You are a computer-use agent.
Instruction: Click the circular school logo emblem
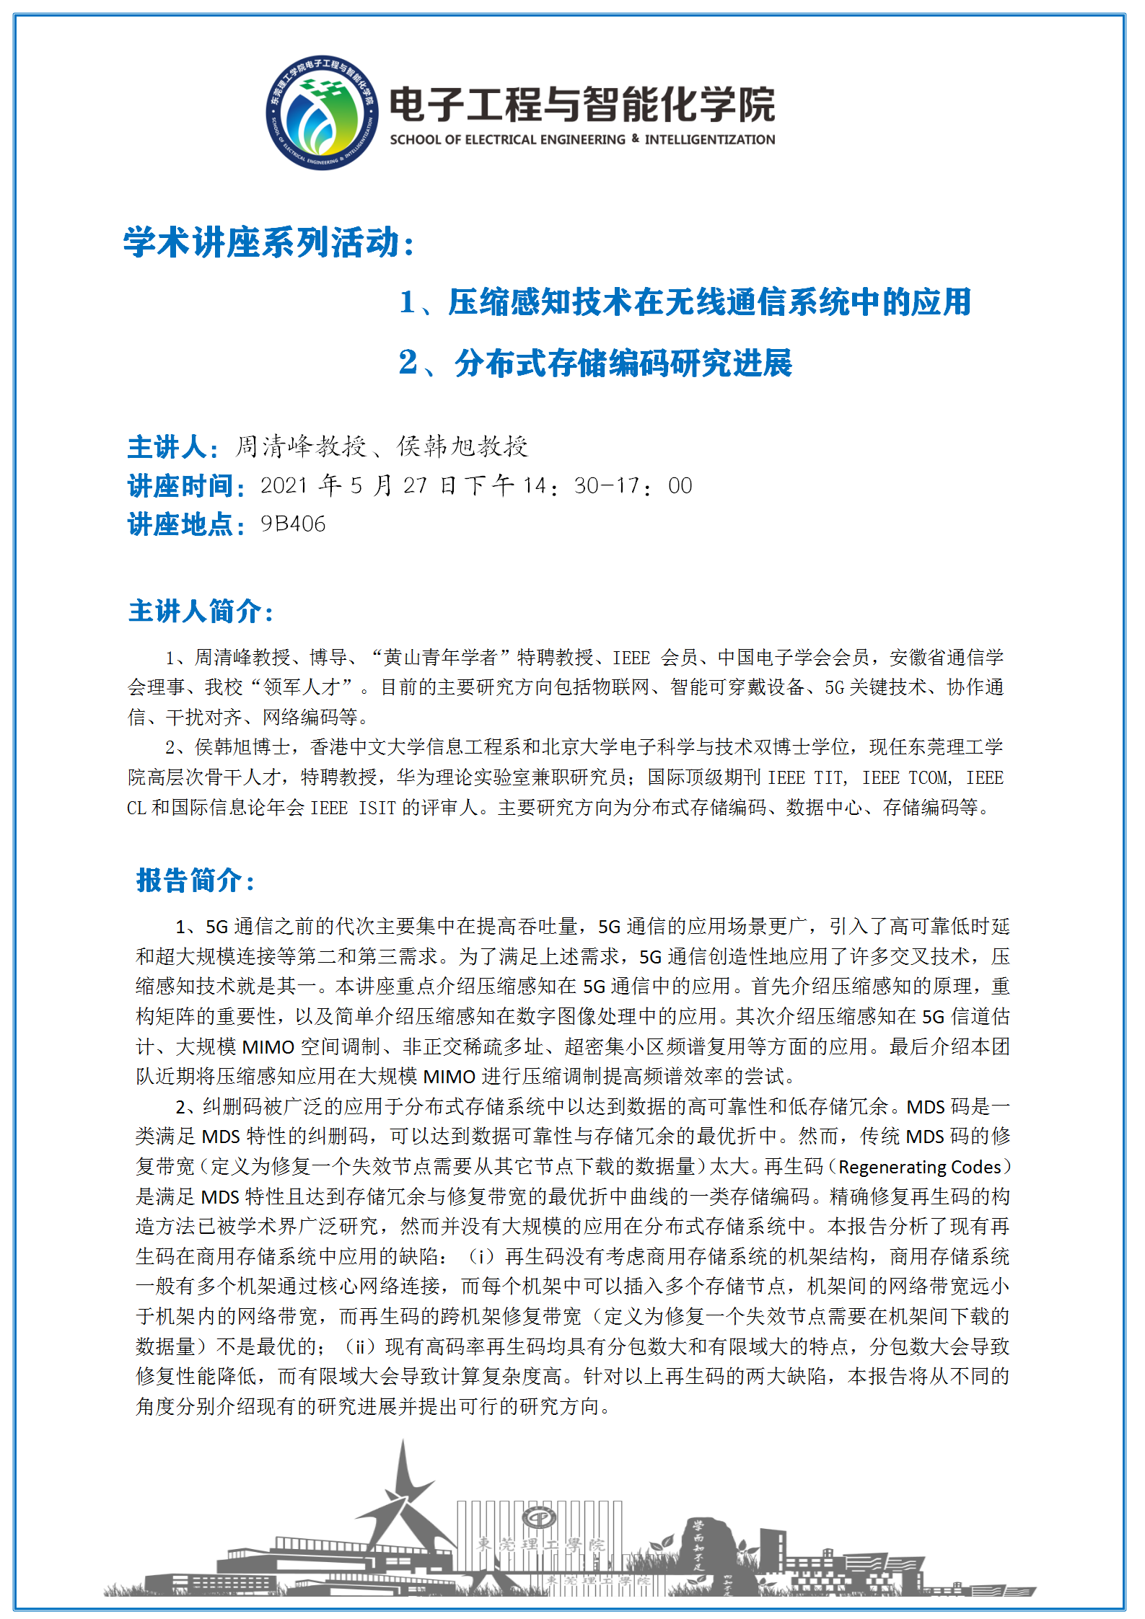322,113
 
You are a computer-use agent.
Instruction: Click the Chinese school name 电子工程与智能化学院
582,104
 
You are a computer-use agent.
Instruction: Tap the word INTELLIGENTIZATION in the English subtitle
710,140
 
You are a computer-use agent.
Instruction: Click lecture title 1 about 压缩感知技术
685,302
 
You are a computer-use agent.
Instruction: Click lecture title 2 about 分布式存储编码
596,363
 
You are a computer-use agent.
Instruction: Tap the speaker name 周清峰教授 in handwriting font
301,447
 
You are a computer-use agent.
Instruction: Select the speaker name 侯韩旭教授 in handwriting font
463,447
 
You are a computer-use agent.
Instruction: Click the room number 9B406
293,524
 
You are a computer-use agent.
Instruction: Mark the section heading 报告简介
195,881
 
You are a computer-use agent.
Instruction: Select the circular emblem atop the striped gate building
539,1517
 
